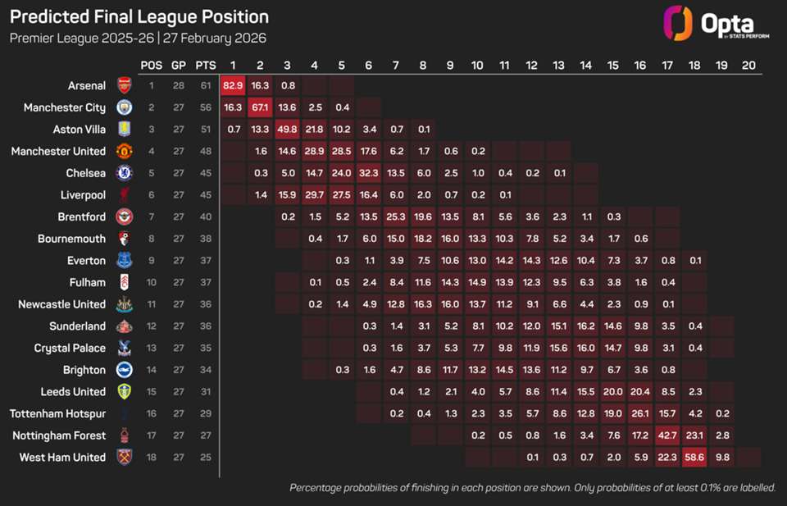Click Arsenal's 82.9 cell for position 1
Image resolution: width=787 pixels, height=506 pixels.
(x=234, y=85)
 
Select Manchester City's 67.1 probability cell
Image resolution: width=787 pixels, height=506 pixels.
(x=261, y=107)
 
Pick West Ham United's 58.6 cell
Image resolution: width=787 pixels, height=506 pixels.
(x=694, y=457)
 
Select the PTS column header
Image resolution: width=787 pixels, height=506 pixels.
(x=206, y=65)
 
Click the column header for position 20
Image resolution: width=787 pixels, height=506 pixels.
(x=748, y=65)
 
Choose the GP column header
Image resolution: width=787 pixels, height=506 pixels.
(x=179, y=65)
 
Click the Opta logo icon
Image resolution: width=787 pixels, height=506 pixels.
(x=677, y=24)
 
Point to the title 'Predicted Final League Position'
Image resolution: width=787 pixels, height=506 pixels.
(x=139, y=17)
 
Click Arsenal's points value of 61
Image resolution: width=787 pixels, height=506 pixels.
(x=206, y=85)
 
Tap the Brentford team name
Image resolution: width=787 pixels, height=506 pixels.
(x=81, y=217)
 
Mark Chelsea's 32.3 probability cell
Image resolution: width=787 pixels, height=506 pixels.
(x=369, y=173)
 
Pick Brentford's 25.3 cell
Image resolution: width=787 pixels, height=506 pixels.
(x=396, y=217)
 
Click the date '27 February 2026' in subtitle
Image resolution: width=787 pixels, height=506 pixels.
(x=212, y=39)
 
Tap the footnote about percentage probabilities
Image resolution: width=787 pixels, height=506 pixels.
(x=532, y=488)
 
